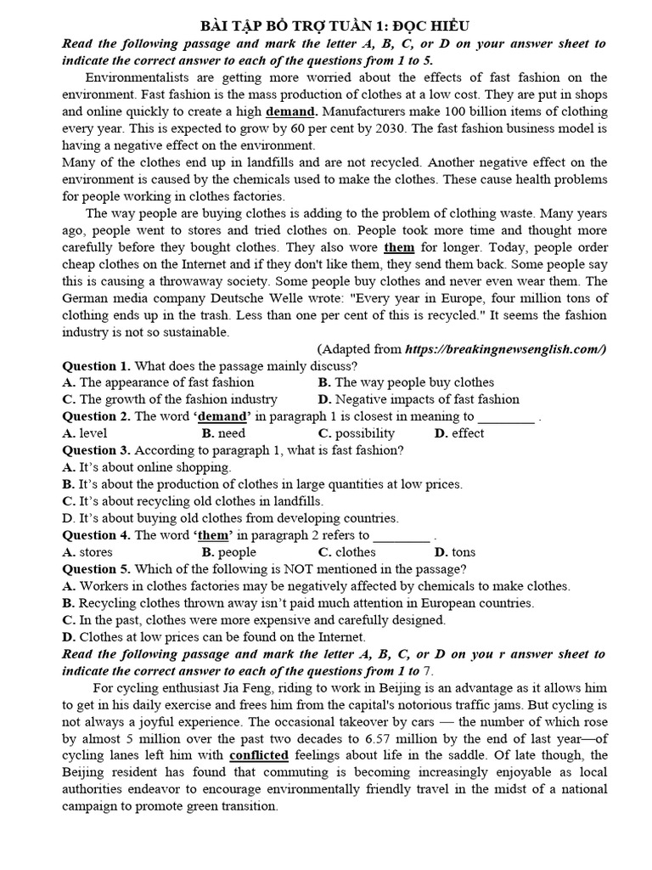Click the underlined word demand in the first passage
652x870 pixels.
(291, 111)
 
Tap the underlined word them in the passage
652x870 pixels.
(399, 247)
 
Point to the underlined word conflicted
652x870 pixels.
(258, 754)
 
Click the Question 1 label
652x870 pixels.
(96, 365)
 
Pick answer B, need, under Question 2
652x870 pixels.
(223, 433)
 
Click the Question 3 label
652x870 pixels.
(96, 450)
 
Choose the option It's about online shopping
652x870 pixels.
(147, 467)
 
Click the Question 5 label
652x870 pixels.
(96, 569)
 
